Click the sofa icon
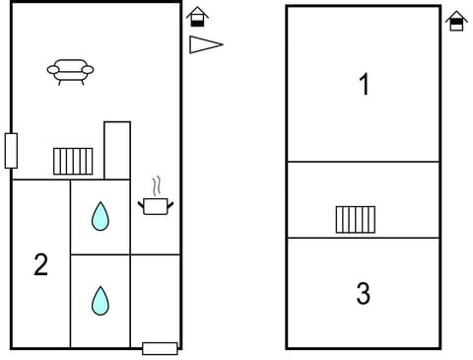click(x=70, y=71)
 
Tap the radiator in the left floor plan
click(x=73, y=161)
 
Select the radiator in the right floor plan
click(x=355, y=219)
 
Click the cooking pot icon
click(x=156, y=205)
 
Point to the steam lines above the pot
click(x=157, y=185)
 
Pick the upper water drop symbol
click(x=100, y=216)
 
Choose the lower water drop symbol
click(x=100, y=300)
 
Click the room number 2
click(x=40, y=264)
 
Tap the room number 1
click(x=364, y=85)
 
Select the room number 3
click(x=364, y=293)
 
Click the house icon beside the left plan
click(x=197, y=17)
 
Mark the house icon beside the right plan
click(x=456, y=20)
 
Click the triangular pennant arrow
click(x=205, y=44)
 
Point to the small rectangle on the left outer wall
click(x=11, y=150)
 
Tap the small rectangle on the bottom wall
click(x=160, y=348)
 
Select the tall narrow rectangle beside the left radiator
click(x=117, y=150)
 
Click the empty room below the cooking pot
click(x=156, y=301)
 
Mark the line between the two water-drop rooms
click(x=100, y=254)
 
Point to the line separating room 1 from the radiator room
click(x=363, y=162)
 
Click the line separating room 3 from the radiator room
click(x=363, y=238)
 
